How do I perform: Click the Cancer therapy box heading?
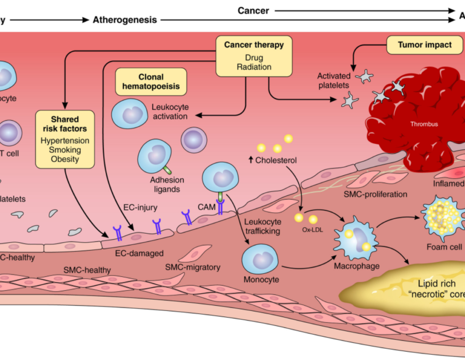254,45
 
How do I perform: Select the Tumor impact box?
424,45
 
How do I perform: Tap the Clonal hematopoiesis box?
150,82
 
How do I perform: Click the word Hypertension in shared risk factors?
65,140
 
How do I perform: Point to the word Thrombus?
424,124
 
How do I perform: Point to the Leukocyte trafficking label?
263,226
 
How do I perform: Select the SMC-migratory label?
193,267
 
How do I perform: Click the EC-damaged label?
139,254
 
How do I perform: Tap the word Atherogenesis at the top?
125,20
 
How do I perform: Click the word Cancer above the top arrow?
253,10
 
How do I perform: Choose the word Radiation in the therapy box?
254,67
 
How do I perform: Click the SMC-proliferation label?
375,194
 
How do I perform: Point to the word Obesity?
65,159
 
